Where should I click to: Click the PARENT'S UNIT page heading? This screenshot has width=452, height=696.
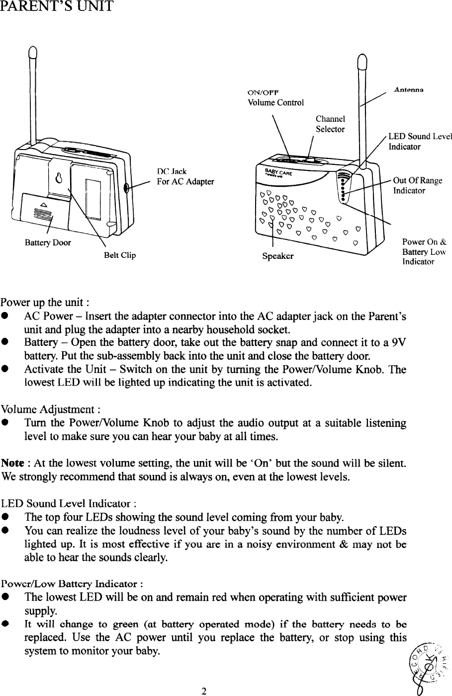coord(57,7)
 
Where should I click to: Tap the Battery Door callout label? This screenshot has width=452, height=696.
coord(48,243)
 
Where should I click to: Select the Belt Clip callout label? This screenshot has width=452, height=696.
coord(119,256)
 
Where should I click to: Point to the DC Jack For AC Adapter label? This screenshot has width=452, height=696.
coord(185,176)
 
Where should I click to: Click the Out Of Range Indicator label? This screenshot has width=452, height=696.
coord(417,185)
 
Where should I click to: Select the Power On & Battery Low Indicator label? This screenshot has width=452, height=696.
coord(424,252)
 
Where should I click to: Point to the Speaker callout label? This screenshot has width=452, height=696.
coord(277,256)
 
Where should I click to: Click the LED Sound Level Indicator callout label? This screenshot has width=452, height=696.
coord(420,142)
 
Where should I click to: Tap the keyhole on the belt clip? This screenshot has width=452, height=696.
coord(59,178)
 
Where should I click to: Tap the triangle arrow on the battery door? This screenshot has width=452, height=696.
coord(43,205)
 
